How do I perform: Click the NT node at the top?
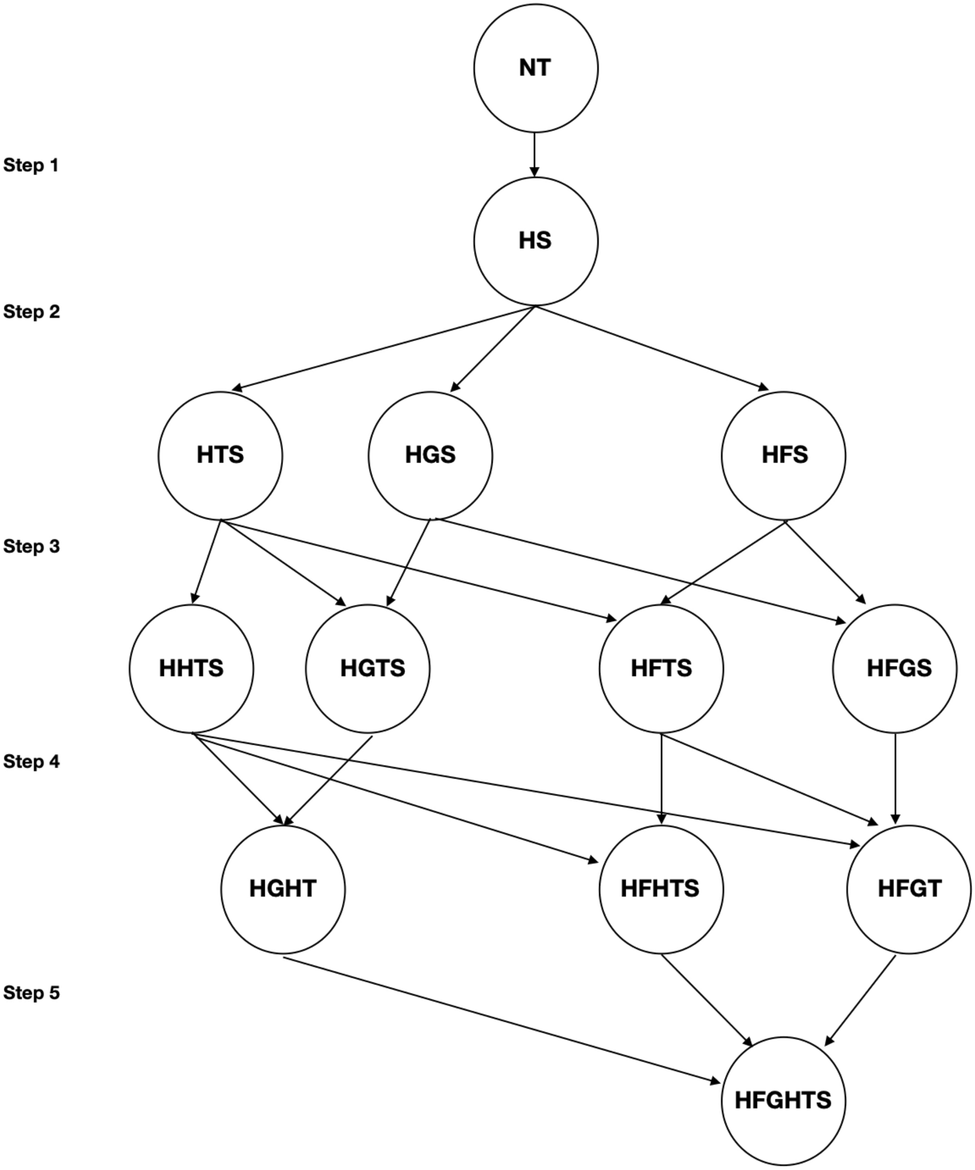click(535, 68)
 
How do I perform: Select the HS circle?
click(535, 241)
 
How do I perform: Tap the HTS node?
click(220, 455)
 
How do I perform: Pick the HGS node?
click(430, 455)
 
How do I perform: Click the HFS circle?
click(784, 455)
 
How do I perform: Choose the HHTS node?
click(191, 669)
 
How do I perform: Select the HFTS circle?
click(661, 669)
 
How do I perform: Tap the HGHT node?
click(283, 889)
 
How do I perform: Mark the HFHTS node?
click(661, 889)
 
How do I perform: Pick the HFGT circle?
click(909, 889)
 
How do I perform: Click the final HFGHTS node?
click(784, 1100)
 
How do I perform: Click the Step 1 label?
click(31, 165)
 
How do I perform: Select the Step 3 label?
click(32, 547)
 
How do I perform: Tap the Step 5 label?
click(32, 993)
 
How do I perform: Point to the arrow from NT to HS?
click(535, 154)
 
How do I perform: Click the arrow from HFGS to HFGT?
click(895, 778)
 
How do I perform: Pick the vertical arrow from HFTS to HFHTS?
click(661, 778)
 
